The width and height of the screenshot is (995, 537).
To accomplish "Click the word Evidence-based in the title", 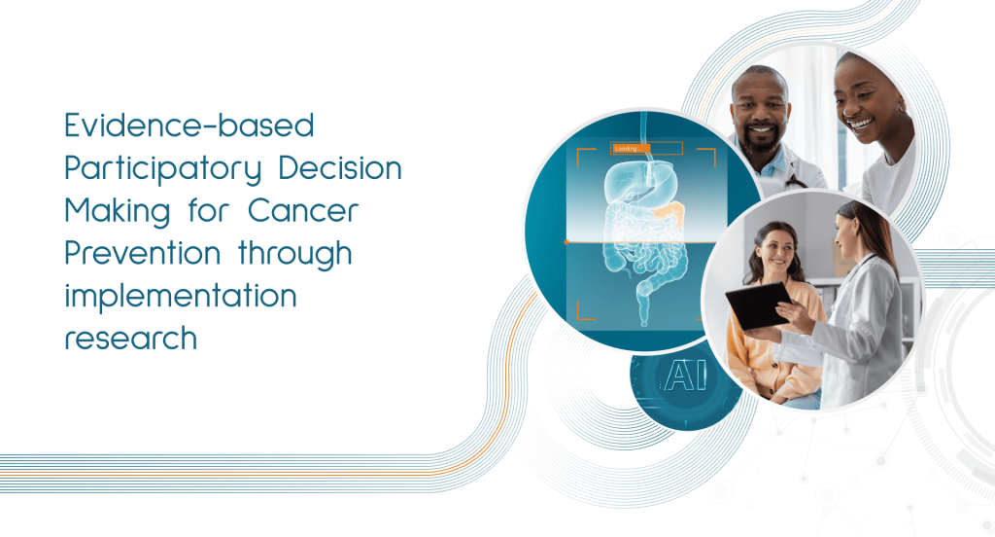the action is point(189,125).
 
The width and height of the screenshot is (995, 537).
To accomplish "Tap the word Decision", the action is point(340,167).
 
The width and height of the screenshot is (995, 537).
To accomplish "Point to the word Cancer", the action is point(303,210).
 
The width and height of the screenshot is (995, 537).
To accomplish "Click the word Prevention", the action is point(142,253).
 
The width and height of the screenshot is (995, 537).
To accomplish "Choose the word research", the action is point(131,339).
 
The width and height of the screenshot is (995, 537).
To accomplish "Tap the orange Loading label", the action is point(631,149).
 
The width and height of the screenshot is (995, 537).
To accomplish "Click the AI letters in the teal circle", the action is point(685,376).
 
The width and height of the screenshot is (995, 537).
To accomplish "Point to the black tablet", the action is point(758,305).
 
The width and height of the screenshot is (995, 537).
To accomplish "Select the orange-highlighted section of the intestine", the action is point(668,215).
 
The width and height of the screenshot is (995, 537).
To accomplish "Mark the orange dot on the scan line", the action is point(566,242).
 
